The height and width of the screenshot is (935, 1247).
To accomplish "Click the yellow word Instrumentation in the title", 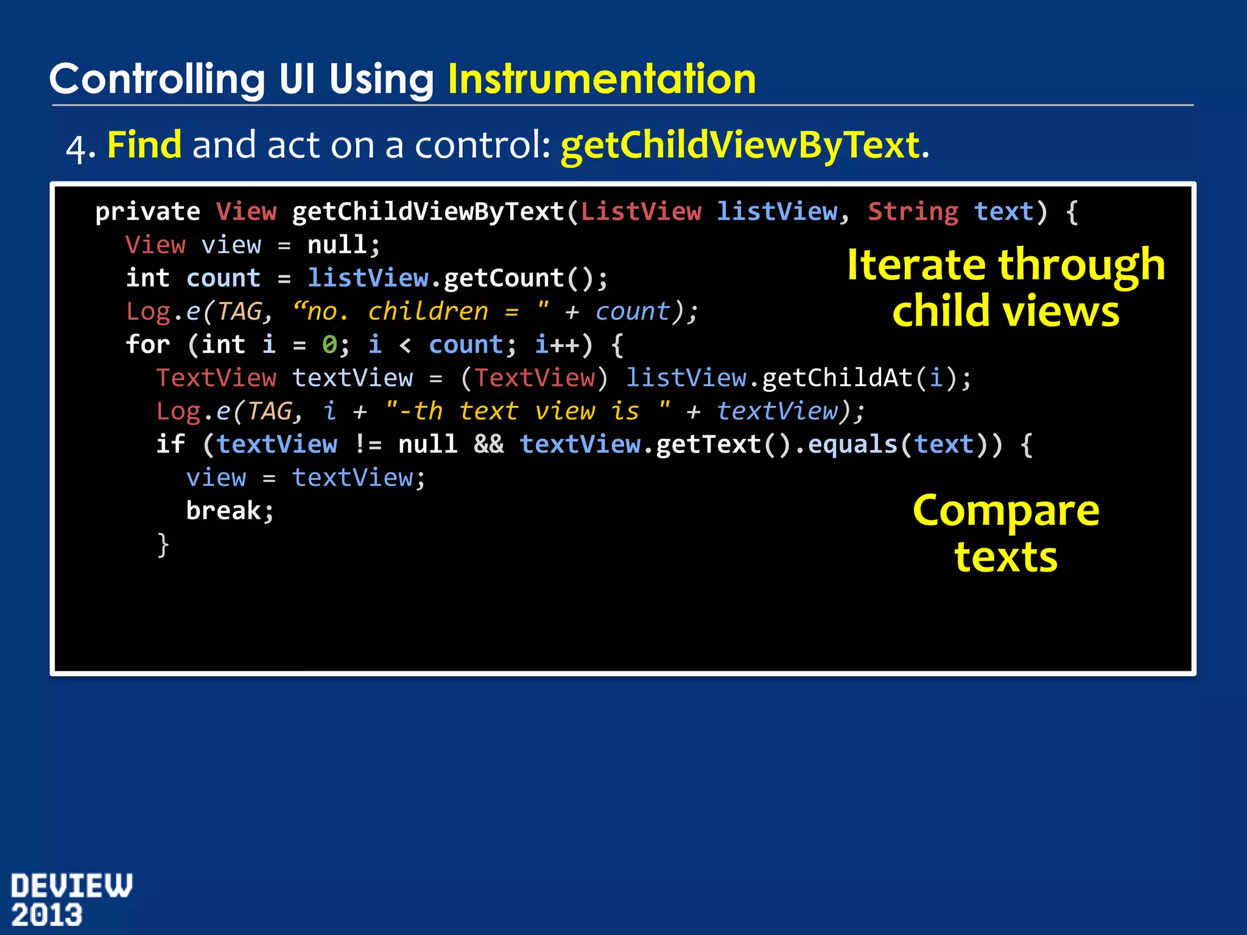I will tap(602, 80).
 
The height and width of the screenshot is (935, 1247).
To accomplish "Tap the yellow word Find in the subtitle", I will tap(144, 145).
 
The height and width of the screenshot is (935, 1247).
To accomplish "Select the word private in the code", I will tap(147, 212).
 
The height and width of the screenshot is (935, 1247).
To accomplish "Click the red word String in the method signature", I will tap(913, 212).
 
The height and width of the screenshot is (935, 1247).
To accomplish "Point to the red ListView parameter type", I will tap(641, 212).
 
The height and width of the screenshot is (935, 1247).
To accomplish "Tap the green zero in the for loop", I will tap(329, 345).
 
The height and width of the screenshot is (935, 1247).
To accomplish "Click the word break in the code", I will tap(223, 511).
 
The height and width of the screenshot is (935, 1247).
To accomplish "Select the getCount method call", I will tap(504, 279).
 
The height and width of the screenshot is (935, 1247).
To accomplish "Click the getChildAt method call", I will tap(837, 379).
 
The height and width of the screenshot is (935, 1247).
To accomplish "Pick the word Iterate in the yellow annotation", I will tap(916, 265).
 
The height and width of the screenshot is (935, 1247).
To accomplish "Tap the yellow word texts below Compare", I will tap(1006, 558).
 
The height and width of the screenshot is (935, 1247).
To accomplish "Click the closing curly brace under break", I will tap(163, 545).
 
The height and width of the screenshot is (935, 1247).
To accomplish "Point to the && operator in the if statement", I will tap(489, 445).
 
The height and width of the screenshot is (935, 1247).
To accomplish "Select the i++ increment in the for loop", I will tap(557, 345).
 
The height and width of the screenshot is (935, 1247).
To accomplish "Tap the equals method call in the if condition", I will tap(852, 445).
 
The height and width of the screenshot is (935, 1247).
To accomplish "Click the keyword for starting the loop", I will tap(147, 345).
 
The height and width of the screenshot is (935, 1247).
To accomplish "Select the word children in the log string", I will tap(428, 312).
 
